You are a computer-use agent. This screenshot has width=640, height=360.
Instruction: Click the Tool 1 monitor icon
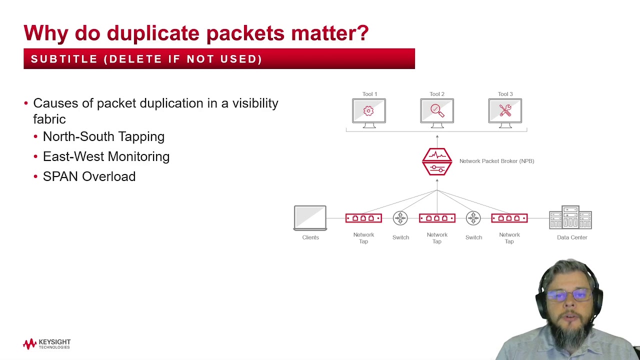369,111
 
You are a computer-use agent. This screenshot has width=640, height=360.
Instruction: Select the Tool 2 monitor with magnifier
437,111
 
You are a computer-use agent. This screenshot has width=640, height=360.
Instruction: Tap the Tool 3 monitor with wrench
505,111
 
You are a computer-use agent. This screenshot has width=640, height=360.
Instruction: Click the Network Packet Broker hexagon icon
437,161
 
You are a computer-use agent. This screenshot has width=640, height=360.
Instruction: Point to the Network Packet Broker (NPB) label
496,161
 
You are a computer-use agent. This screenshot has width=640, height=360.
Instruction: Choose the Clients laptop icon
310,218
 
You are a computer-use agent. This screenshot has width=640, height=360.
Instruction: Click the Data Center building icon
570,217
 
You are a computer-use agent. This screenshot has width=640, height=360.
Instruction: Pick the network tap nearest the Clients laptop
363,218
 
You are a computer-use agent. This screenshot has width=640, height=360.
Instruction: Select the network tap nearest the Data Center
509,218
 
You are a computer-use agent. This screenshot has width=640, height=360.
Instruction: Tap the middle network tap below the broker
437,218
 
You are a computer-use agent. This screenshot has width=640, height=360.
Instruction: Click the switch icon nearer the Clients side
400,218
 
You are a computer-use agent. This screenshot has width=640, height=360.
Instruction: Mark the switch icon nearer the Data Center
473,218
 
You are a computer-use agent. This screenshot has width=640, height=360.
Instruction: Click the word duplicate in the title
153,33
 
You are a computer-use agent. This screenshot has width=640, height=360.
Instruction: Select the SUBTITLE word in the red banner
64,59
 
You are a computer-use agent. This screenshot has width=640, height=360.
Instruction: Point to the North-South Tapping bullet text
103,136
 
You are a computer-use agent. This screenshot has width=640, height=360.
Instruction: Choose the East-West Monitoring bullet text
106,156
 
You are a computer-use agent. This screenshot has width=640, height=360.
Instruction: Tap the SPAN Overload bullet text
89,176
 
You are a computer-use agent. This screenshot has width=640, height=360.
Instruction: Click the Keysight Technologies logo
47,344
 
